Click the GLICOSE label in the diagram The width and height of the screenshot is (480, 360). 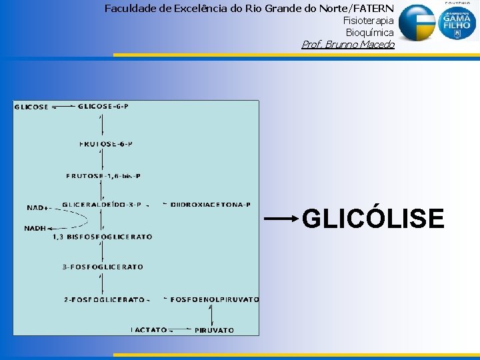(31, 107)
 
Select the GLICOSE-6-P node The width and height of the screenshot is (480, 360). (103, 106)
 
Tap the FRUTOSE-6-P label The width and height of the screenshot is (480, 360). (106, 144)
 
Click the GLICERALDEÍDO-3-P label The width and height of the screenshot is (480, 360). (101, 205)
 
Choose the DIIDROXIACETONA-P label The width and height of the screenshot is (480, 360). (210, 205)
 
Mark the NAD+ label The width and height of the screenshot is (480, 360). (37, 207)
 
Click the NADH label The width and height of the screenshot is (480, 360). (35, 228)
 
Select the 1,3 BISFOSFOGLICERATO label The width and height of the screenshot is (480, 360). (102, 237)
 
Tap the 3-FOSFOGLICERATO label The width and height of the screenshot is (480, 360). (103, 267)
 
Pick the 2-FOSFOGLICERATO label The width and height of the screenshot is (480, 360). (104, 300)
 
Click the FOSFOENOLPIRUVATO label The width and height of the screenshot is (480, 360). (215, 300)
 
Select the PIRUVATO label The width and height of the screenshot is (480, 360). (214, 330)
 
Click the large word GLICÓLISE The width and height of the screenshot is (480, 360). (373, 219)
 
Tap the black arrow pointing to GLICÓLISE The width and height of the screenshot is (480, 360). (281, 218)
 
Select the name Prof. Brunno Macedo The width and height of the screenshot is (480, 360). (348, 45)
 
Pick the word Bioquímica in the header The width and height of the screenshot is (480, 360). (369, 33)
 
